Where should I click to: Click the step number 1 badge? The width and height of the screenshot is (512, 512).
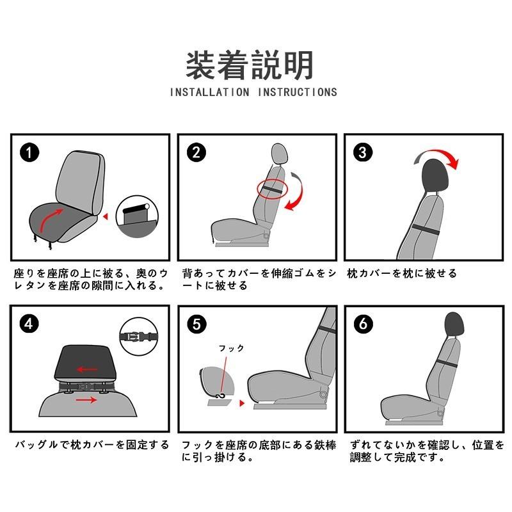click(x=29, y=152)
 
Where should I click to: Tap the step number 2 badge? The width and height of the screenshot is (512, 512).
click(x=196, y=152)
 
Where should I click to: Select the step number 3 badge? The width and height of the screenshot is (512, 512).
click(x=363, y=152)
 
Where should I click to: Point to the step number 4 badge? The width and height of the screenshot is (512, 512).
click(x=29, y=324)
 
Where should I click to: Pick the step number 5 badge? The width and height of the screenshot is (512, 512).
click(x=197, y=324)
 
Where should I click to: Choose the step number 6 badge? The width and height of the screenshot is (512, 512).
click(x=364, y=324)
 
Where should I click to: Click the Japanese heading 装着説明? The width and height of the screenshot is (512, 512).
click(x=250, y=65)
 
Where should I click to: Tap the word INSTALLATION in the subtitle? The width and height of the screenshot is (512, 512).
click(x=210, y=92)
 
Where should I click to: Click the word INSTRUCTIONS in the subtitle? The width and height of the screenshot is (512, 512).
click(x=298, y=92)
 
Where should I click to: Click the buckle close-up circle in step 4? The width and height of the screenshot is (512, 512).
click(x=139, y=337)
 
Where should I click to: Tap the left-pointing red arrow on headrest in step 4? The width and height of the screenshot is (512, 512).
click(x=87, y=370)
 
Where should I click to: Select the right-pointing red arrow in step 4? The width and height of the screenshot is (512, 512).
click(x=86, y=399)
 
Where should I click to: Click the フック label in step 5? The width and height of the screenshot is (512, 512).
click(x=232, y=348)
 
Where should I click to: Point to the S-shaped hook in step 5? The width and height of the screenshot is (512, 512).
click(x=221, y=396)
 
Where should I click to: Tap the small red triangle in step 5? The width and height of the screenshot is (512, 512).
click(x=242, y=403)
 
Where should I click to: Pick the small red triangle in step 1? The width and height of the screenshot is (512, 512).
click(x=105, y=216)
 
